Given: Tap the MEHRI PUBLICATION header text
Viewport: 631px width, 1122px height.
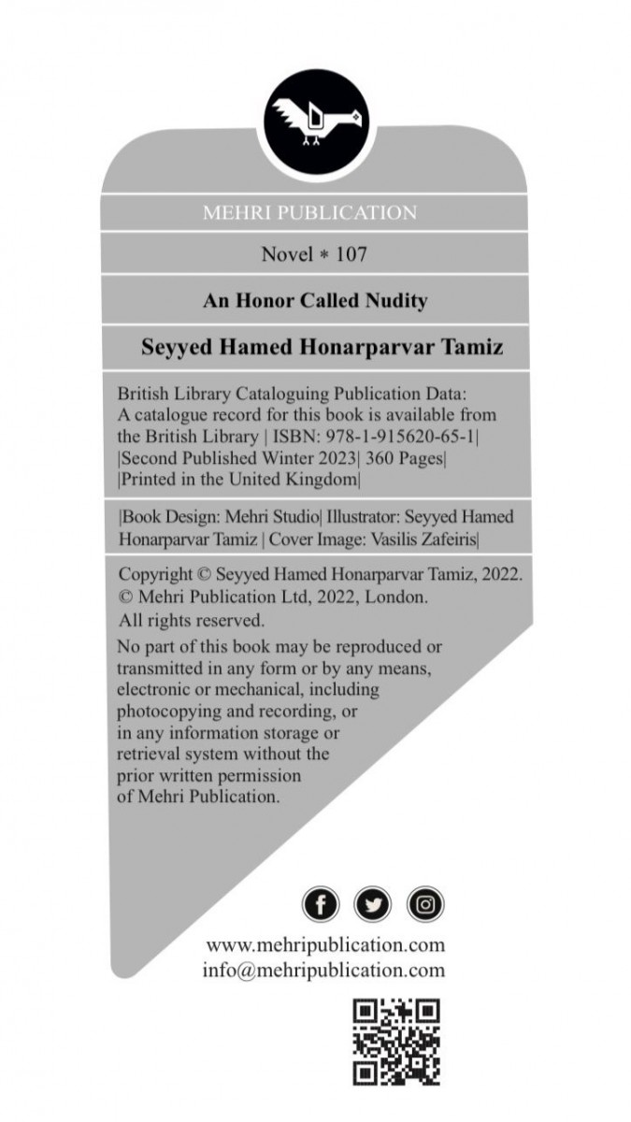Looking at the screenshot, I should (x=309, y=213).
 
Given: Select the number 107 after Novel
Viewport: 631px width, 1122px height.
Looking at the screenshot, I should (x=345, y=253).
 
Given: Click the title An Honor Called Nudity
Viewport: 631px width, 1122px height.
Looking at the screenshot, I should (x=315, y=301).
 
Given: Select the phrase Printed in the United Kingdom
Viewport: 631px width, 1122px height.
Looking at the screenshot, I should (x=239, y=480).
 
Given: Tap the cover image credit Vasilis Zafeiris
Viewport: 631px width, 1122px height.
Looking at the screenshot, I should (x=424, y=539).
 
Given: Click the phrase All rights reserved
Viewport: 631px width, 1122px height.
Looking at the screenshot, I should (x=192, y=620).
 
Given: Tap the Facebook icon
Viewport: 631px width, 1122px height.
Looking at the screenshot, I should (x=321, y=904).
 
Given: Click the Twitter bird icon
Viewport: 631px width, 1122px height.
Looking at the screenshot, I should (x=373, y=904).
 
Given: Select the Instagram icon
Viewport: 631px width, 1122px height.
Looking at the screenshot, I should (x=425, y=904).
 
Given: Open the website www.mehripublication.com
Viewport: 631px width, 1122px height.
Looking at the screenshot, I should (x=324, y=945).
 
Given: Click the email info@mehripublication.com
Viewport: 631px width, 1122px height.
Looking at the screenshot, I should (x=323, y=970).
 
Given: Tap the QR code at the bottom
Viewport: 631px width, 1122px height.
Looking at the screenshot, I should (x=395, y=1042).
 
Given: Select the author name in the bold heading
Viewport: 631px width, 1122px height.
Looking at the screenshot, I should (x=323, y=348).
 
